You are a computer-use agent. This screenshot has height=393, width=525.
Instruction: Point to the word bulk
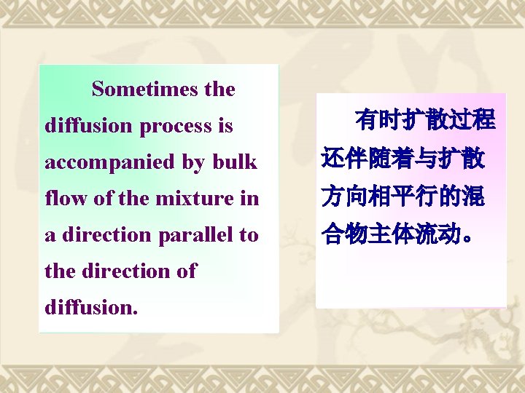click(x=236, y=162)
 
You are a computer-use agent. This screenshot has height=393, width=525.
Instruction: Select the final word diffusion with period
click(x=90, y=307)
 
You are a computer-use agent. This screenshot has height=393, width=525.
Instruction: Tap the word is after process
click(x=225, y=126)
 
